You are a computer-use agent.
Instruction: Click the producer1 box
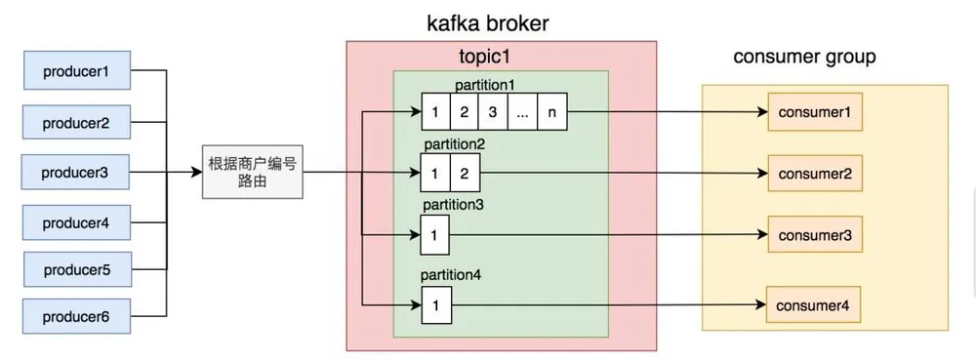(76, 71)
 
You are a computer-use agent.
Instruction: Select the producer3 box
(75, 173)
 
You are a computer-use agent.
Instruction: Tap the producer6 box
(77, 316)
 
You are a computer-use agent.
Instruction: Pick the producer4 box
(76, 222)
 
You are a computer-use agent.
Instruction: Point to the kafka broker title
(487, 23)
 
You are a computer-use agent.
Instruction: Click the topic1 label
(485, 58)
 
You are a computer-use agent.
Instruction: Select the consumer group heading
(804, 58)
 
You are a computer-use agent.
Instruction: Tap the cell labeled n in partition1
(552, 112)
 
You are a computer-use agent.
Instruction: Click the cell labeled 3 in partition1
(493, 112)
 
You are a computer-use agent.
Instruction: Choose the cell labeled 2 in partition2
(465, 173)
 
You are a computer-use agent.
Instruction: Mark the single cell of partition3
(435, 234)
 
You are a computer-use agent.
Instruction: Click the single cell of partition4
(435, 304)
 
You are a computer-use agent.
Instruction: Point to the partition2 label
(453, 144)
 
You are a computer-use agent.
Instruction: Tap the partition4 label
(451, 274)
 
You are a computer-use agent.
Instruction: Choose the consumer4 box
(813, 304)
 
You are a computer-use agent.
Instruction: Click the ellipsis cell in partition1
(523, 112)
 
